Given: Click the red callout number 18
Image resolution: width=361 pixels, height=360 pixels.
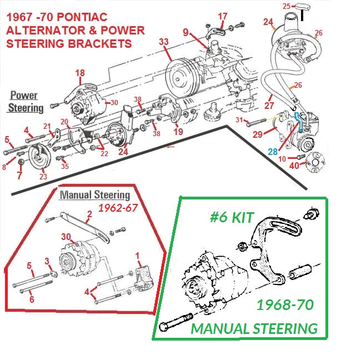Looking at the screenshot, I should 80,73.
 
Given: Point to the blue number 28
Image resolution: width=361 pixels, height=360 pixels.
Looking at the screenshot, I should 273,151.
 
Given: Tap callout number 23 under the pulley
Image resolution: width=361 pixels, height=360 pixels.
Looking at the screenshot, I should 19,176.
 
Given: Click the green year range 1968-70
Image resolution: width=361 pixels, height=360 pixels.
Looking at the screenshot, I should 285,305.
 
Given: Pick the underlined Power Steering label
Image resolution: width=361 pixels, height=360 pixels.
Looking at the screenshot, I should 27,102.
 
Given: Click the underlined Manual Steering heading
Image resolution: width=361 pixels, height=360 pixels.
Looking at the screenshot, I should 95,195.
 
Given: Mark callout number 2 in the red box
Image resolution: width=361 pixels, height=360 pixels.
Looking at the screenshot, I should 89,214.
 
